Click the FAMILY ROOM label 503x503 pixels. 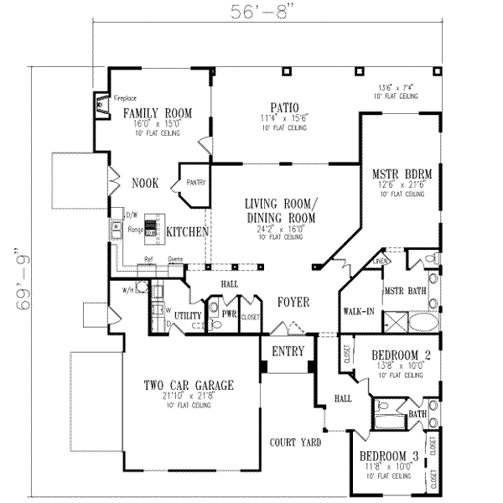158,112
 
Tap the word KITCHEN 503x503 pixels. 186,231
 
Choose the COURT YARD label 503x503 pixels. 296,442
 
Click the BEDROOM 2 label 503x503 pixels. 400,355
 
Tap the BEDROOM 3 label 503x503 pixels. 388,457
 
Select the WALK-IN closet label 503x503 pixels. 358,312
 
